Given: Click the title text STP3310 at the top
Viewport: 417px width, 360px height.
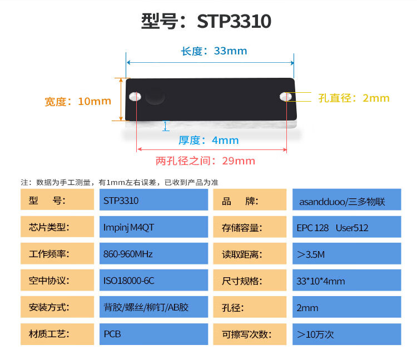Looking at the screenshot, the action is pos(234,21).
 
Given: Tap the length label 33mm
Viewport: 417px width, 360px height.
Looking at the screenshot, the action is pos(230,51).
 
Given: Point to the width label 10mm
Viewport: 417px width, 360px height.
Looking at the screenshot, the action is pos(94,101).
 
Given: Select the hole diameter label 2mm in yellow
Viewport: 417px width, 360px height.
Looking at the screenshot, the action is pos(376,98).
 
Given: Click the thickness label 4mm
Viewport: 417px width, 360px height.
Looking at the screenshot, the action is pos(225,141).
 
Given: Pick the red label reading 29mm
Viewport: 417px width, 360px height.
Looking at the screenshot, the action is pos(239,161).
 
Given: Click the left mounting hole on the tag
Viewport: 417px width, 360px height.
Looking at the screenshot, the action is pos(135,97).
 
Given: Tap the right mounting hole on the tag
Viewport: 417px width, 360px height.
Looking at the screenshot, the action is pos(286,97).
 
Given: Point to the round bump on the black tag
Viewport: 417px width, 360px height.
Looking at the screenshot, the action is pos(155,96).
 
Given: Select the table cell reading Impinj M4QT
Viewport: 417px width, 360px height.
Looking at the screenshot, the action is pos(153,227).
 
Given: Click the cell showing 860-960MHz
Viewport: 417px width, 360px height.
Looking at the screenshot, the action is pos(153,253).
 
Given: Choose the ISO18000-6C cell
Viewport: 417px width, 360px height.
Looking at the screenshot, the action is pos(153,281).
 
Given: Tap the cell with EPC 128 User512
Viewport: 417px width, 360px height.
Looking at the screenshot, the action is pos(347,227).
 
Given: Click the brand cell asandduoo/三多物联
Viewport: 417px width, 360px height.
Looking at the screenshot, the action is pos(347,199).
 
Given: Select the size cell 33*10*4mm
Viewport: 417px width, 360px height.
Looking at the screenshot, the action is pos(347,281).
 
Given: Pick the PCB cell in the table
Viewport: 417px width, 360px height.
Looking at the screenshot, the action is pos(153,334).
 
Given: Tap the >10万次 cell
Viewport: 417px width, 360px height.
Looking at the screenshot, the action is pos(347,334).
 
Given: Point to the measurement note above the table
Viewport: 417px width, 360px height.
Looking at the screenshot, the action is pos(120,183).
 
